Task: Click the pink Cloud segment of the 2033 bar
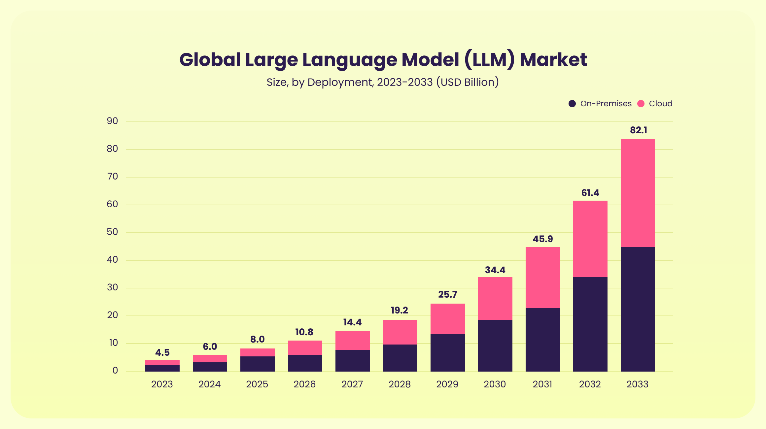(638, 193)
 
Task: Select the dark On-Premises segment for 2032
(590, 324)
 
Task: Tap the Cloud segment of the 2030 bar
(495, 299)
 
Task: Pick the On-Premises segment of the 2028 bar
(400, 358)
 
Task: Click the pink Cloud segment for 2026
(305, 348)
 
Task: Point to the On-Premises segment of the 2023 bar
(162, 368)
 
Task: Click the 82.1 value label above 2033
(638, 130)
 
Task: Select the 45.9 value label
(542, 239)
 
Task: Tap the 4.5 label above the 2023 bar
(162, 352)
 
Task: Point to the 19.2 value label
(399, 310)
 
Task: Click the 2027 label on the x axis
(352, 384)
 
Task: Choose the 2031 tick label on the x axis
(542, 384)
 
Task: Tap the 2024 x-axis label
(209, 384)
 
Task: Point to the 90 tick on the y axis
(112, 121)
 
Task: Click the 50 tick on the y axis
(112, 232)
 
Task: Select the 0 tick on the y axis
(115, 371)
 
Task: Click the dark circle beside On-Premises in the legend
(572, 104)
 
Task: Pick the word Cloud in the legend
(660, 104)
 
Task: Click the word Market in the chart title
(553, 60)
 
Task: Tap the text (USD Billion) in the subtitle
(467, 82)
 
